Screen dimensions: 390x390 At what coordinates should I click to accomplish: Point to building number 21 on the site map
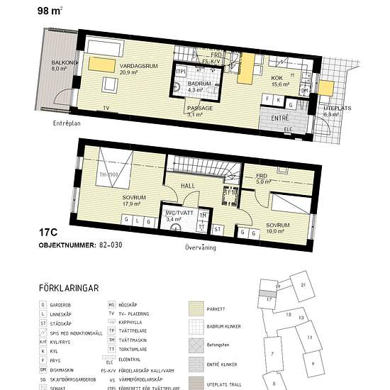[x=303, y=284]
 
